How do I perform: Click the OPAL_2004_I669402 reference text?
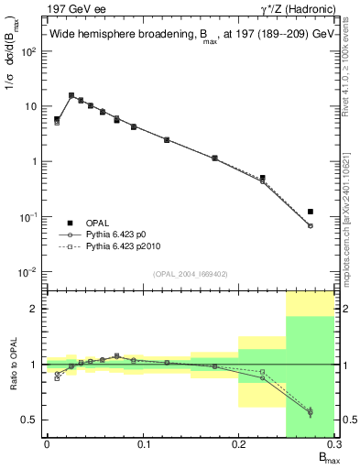(190, 273)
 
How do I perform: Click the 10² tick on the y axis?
(29, 51)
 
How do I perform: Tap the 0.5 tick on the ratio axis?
(31, 420)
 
